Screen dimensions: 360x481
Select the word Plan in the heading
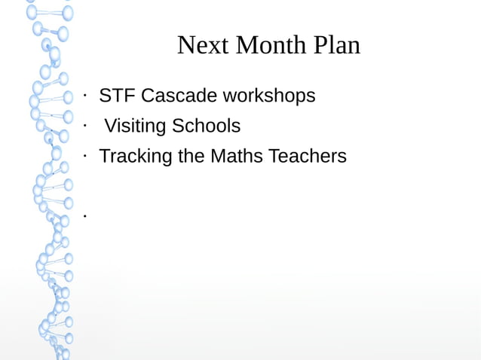tap(338, 46)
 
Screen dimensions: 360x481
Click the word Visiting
tap(134, 127)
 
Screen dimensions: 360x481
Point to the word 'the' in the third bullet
tap(191, 157)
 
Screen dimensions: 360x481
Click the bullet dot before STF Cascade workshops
tap(86, 96)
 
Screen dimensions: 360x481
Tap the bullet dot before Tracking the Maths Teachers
tap(86, 156)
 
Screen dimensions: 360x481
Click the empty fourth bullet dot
tap(86, 216)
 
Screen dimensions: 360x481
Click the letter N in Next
tap(186, 46)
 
